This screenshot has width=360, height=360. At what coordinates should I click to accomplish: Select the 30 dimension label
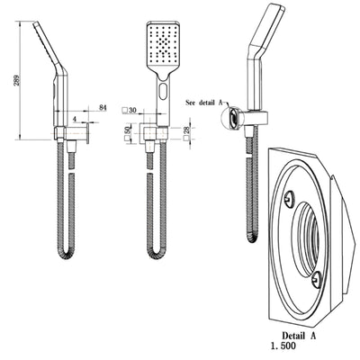point(132,110)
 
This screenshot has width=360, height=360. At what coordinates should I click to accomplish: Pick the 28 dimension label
point(187,133)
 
